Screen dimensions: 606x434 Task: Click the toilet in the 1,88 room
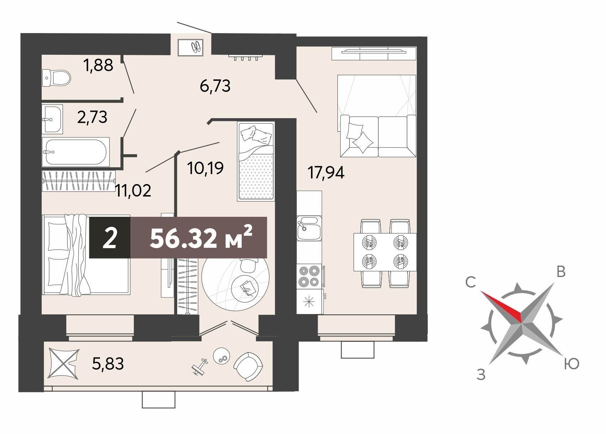57,78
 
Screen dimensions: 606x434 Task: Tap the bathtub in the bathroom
76,152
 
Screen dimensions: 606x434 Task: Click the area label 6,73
215,86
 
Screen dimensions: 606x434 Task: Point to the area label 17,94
326,172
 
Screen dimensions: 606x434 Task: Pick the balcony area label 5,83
108,364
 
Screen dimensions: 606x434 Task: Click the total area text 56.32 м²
201,237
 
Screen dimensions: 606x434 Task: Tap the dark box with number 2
110,237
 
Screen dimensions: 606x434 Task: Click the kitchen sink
309,228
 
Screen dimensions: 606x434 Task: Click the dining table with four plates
385,252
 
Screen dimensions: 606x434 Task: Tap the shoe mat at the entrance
190,47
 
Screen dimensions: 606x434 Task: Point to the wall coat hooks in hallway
246,57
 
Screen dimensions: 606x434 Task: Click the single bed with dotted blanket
256,161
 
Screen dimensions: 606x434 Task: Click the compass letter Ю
571,364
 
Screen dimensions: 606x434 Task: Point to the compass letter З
481,375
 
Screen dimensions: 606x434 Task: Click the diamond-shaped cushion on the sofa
363,143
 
